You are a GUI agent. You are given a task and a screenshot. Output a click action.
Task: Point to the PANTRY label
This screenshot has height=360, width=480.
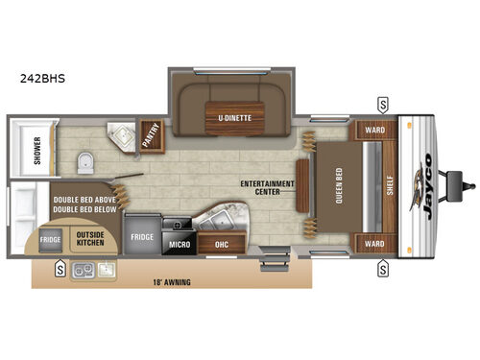click(x=152, y=135)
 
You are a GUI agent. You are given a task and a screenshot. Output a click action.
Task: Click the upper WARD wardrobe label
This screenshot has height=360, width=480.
click(x=372, y=130)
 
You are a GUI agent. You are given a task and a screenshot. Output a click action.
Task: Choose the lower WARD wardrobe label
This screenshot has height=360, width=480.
click(x=372, y=245)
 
